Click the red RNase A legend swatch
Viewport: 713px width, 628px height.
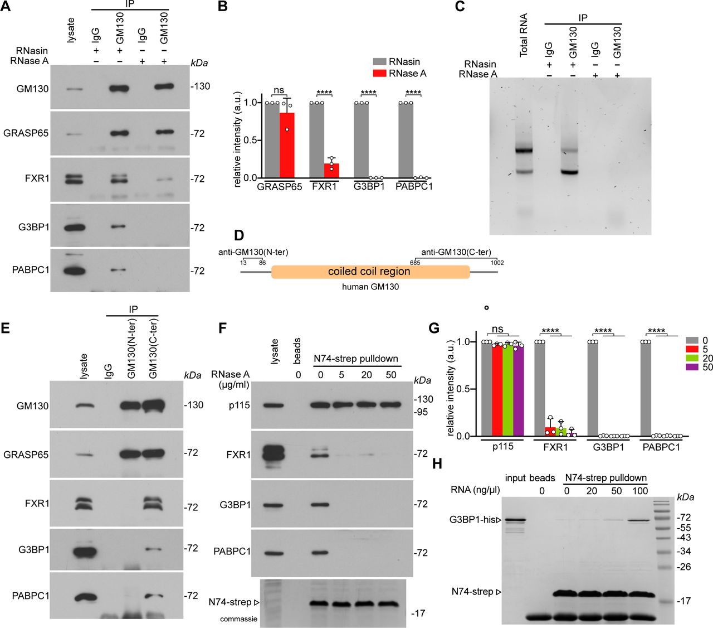coord(379,74)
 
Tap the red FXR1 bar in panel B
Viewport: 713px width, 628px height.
coord(331,170)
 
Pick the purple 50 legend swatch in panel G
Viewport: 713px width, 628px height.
coord(692,367)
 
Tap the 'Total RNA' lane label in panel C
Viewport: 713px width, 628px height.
coord(524,35)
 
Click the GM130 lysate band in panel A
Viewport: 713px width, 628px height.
coord(71,88)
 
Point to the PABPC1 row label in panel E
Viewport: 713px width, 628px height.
coord(31,596)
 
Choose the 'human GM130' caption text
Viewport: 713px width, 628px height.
coord(370,287)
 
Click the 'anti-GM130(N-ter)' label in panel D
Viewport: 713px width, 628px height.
coord(253,252)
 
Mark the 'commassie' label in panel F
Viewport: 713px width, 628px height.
coord(238,619)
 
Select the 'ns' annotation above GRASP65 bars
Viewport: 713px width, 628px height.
coord(279,90)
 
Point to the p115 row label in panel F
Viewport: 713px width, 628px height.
coord(239,405)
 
